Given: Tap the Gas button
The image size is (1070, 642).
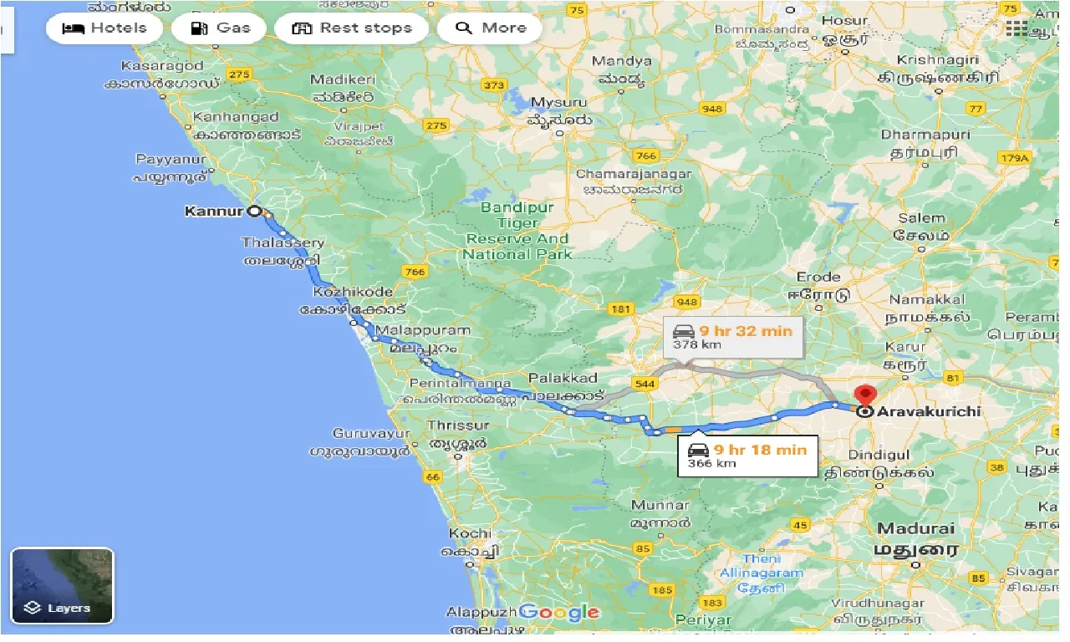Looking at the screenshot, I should [220, 28].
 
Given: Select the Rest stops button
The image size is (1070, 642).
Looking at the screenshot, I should [351, 28].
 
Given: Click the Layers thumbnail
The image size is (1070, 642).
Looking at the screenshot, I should [62, 586].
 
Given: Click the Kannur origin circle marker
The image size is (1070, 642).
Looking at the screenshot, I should [253, 211].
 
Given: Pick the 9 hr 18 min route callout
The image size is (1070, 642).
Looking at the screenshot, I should [746, 456].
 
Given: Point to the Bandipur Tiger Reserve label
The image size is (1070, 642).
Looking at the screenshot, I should [518, 223].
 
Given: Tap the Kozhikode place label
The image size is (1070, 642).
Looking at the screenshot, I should [353, 292].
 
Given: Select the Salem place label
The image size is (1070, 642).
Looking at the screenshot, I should [921, 218].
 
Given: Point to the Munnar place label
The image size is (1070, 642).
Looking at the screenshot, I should [660, 505].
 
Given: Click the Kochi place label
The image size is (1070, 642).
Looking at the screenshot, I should [470, 533].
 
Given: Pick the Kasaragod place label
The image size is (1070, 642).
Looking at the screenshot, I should [162, 65].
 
